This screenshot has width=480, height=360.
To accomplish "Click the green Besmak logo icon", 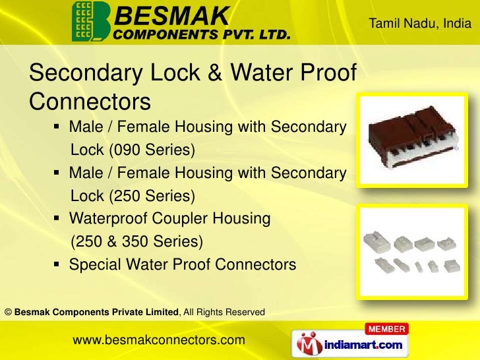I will pyautogui.click(x=91, y=21).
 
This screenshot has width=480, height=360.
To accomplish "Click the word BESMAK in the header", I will pyautogui.click(x=172, y=13).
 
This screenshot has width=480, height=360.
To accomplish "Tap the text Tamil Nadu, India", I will pyautogui.click(x=419, y=24).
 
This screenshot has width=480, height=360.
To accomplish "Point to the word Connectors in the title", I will pyautogui.click(x=90, y=102).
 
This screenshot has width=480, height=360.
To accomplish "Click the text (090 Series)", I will pyautogui.click(x=152, y=151).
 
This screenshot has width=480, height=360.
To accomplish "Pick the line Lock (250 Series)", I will pyautogui.click(x=133, y=196).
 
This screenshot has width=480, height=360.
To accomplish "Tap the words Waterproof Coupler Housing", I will pyautogui.click(x=169, y=219).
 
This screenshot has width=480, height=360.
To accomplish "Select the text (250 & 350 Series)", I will pyautogui.click(x=136, y=241).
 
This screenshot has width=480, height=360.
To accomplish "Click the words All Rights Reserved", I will pyautogui.click(x=225, y=311).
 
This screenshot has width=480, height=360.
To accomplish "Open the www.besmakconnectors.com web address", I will pyautogui.click(x=158, y=340).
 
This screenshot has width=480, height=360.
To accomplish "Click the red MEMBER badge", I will pyautogui.click(x=386, y=328).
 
